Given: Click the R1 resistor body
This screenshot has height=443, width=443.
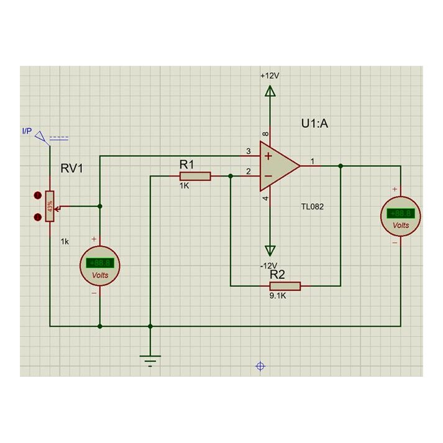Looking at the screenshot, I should (x=195, y=176).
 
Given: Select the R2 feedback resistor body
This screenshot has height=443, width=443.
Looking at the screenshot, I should (x=285, y=286).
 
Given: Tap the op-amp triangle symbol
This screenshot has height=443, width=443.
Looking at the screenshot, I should (x=278, y=166).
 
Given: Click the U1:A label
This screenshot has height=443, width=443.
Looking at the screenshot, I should (x=315, y=124).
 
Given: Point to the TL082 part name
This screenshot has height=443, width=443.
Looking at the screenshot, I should (x=312, y=206).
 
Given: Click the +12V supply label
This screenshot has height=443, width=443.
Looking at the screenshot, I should (x=270, y=75).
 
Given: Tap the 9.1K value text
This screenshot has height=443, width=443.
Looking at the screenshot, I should (x=278, y=296).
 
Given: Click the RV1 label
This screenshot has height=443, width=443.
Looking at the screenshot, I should (x=73, y=169).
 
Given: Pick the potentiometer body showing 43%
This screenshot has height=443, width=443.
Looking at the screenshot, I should (x=50, y=206).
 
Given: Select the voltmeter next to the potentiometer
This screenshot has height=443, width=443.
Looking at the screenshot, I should (x=99, y=265).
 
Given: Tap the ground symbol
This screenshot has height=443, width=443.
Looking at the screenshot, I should (x=150, y=359).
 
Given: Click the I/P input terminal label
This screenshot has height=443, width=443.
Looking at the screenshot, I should (x=27, y=131).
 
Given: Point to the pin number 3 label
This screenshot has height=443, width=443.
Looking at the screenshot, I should (x=249, y=151).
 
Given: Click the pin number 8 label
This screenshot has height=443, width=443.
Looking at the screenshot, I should (x=266, y=134).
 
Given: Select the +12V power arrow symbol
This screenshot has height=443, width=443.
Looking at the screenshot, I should (x=270, y=92).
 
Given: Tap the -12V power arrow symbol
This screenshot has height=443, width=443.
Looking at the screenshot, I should (x=270, y=250).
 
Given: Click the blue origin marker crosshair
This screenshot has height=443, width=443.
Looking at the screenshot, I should (x=261, y=366).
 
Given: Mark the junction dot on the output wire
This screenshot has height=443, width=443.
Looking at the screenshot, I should (x=340, y=166).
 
